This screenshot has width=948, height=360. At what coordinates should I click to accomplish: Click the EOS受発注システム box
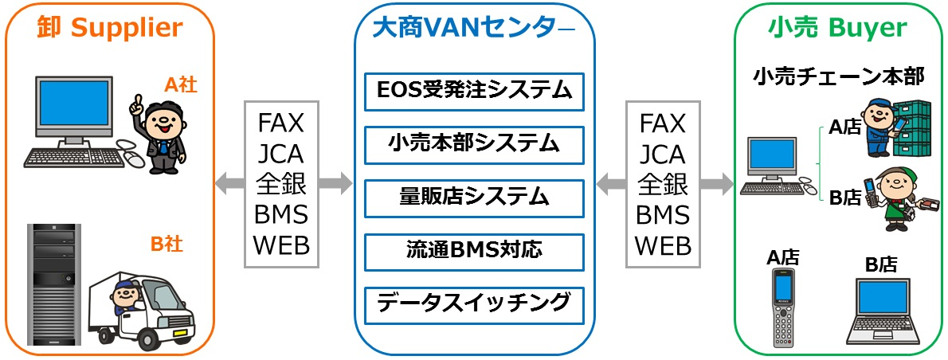click(x=474, y=92)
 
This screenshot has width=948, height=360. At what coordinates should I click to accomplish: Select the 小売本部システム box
click(x=474, y=144)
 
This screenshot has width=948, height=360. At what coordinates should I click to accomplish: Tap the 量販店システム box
click(x=474, y=198)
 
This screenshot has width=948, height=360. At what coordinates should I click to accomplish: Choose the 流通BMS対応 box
click(x=474, y=252)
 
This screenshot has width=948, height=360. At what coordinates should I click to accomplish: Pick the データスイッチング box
click(x=474, y=305)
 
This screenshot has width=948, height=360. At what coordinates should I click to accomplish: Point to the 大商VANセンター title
click(x=474, y=27)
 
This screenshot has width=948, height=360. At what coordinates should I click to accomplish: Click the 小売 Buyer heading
click(x=837, y=27)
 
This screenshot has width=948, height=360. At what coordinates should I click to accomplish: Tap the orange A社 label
click(x=181, y=85)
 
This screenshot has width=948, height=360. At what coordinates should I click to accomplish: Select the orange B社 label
click(x=166, y=245)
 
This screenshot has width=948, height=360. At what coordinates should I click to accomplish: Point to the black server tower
click(x=54, y=284)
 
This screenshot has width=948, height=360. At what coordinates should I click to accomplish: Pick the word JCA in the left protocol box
click(x=281, y=154)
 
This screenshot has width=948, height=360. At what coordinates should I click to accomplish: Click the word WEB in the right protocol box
click(x=664, y=246)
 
